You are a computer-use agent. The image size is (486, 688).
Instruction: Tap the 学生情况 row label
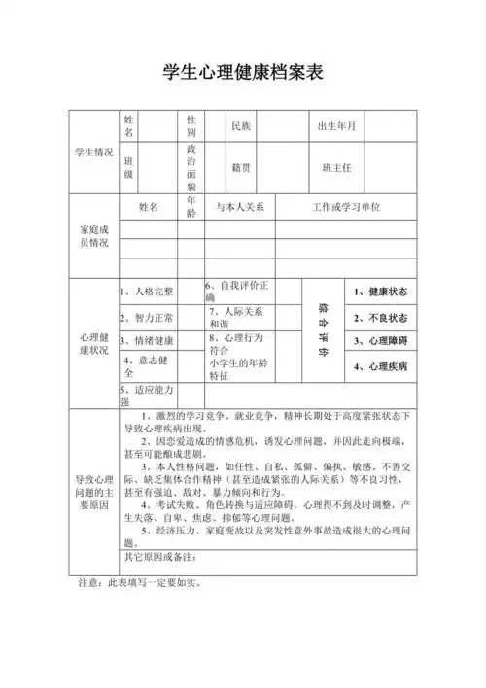93,153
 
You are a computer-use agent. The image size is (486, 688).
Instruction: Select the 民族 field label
240,127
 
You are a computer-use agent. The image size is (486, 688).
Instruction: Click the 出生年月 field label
336,127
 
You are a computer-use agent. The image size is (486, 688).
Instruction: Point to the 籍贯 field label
240,168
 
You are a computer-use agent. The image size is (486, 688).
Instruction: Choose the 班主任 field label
336,168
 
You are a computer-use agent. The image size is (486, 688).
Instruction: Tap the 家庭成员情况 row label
93,235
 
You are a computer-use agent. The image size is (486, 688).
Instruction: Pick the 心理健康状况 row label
93,343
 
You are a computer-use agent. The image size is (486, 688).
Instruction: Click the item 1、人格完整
147,291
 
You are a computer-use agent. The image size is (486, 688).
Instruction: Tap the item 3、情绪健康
147,341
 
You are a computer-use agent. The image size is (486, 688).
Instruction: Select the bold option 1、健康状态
380,292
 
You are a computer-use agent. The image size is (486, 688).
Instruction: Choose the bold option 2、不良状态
380,318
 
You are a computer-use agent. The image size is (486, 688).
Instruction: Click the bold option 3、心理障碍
380,342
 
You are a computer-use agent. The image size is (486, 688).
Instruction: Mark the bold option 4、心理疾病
380,367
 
